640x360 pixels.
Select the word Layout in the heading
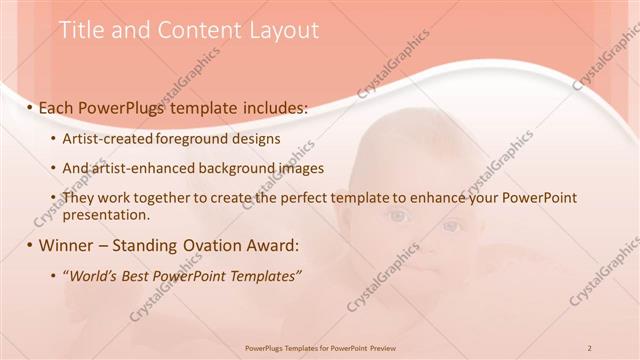coord(284,30)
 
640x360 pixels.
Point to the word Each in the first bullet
coord(58,107)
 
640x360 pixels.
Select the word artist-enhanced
coord(139,168)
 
